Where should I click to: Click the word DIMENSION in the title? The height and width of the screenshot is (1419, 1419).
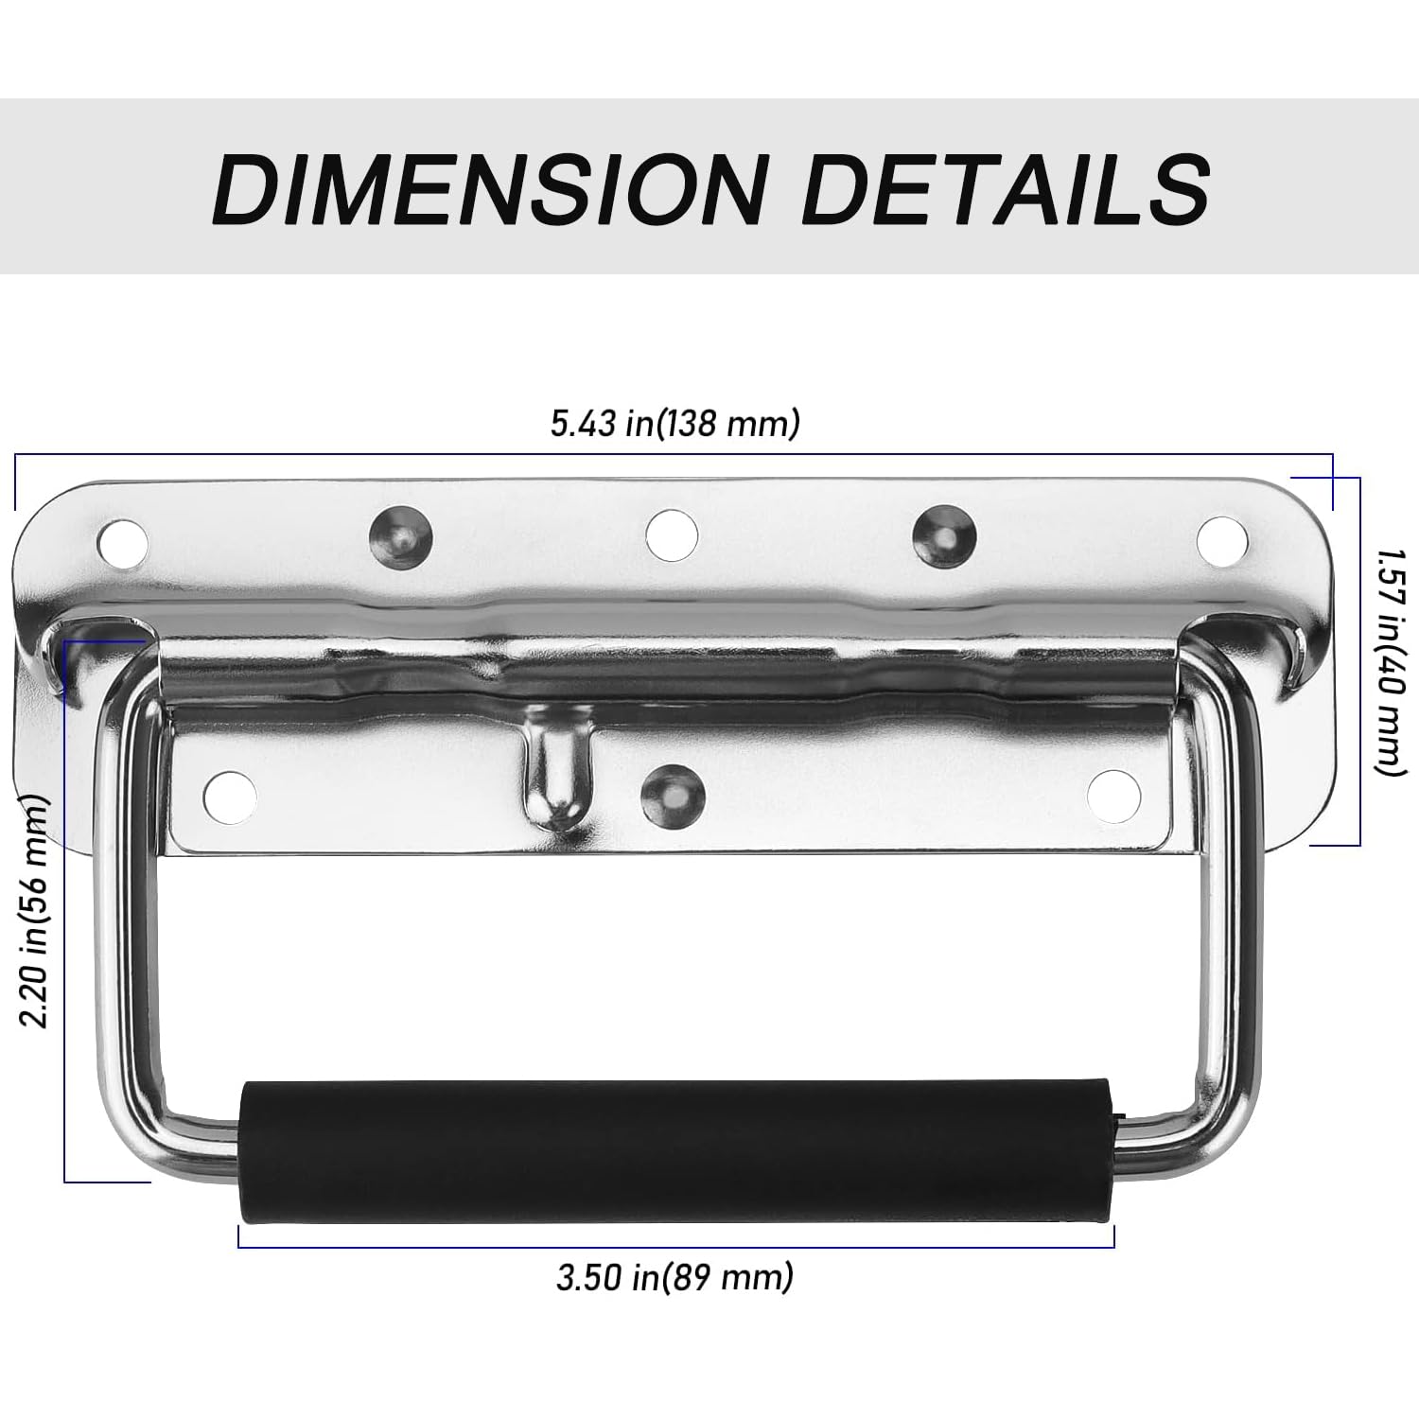pyautogui.click(x=488, y=188)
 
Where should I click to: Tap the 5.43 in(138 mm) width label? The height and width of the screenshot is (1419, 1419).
pyautogui.click(x=675, y=424)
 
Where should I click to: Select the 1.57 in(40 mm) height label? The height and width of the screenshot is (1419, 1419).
pyautogui.click(x=1386, y=660)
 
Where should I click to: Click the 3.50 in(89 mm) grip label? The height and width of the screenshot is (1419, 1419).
pyautogui.click(x=674, y=1278)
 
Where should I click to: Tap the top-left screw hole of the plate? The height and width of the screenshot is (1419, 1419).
pyautogui.click(x=124, y=543)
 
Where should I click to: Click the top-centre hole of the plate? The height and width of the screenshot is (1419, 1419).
pyautogui.click(x=672, y=533)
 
